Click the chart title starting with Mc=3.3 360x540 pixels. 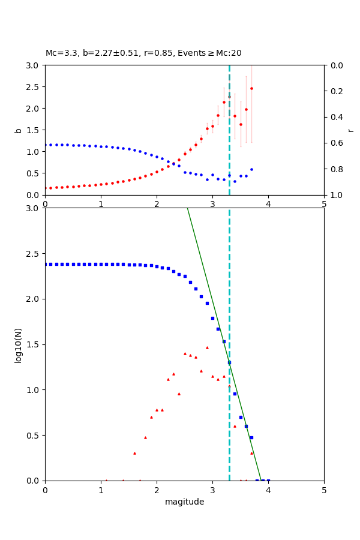pyautogui.click(x=143, y=53)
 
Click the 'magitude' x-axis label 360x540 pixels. pyautogui.click(x=184, y=502)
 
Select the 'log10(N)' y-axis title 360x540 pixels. pyautogui.click(x=18, y=344)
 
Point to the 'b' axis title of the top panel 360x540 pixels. pyautogui.click(x=18, y=130)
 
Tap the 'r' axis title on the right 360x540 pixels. pyautogui.click(x=350, y=130)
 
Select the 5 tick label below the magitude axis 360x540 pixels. pyautogui.click(x=324, y=490)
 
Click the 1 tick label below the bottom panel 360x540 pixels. pyautogui.click(x=101, y=490)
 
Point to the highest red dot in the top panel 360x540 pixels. pyautogui.click(x=251, y=88)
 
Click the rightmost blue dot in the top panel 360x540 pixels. pyautogui.click(x=251, y=169)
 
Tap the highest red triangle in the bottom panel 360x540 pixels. pyautogui.click(x=207, y=347)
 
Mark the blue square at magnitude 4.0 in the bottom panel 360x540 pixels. pyautogui.click(x=268, y=481)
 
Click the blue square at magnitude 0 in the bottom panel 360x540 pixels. pyautogui.click(x=46, y=264)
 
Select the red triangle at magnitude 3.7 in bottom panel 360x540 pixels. pyautogui.click(x=251, y=453)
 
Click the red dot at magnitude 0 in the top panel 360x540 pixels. pyautogui.click(x=46, y=188)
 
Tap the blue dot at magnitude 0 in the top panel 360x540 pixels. pyautogui.click(x=46, y=145)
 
